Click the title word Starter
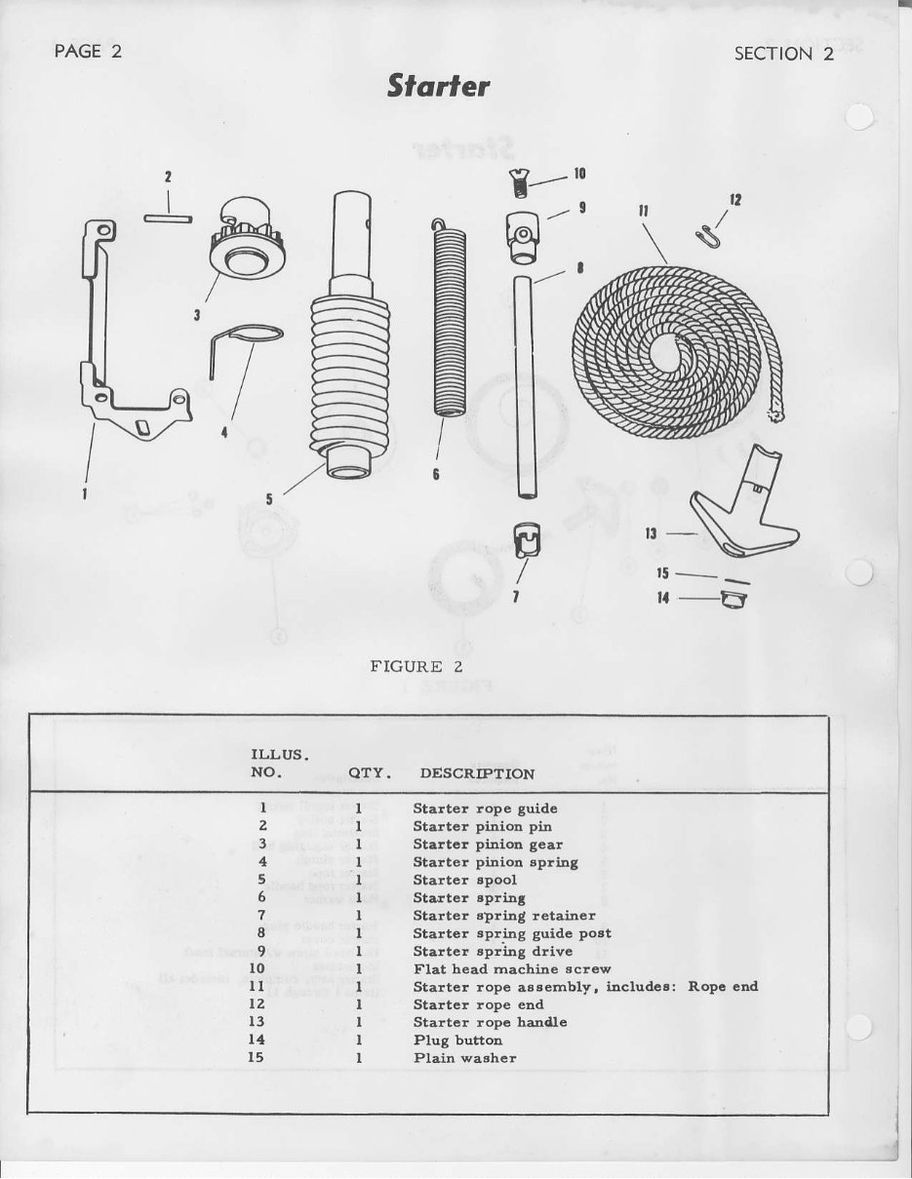(x=438, y=87)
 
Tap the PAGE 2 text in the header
(x=88, y=53)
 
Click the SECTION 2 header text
(x=783, y=54)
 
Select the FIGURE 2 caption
(x=416, y=666)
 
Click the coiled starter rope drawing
(x=673, y=351)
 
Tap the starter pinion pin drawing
(x=168, y=216)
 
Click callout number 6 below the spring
(x=436, y=473)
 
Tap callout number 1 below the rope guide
(x=85, y=493)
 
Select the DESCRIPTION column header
(x=477, y=773)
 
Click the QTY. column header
(x=370, y=773)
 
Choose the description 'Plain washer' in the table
(x=464, y=1058)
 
